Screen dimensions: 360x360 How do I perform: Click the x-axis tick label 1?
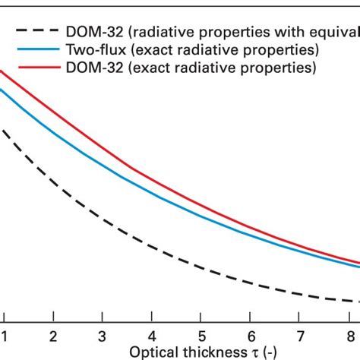tap(5, 335)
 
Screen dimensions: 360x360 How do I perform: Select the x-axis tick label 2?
tap(53, 335)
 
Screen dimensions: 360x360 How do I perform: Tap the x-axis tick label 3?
tap(103, 335)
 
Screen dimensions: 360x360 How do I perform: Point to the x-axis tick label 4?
tap(152, 335)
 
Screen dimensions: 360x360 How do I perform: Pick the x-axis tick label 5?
tap(201, 335)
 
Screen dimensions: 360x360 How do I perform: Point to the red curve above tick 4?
tap(152, 165)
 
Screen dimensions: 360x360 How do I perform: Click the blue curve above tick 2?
tap(53, 131)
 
